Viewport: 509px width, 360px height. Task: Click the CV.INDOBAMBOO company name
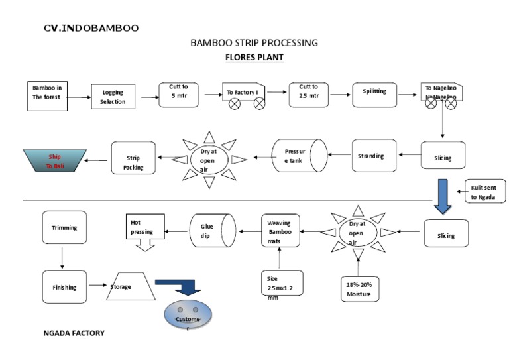click(91, 29)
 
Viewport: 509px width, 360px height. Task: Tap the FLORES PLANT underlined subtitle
click(254, 58)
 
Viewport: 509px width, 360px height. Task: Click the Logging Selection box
click(113, 97)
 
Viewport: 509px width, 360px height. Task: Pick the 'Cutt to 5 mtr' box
click(179, 95)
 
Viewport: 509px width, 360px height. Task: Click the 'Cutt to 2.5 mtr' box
click(309, 95)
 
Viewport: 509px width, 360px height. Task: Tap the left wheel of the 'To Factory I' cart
click(233, 103)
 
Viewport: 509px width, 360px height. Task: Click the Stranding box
click(374, 156)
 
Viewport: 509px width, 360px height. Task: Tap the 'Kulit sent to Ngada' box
click(484, 192)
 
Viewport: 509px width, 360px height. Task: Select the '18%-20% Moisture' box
click(358, 289)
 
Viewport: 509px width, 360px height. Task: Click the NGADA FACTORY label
click(74, 333)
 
